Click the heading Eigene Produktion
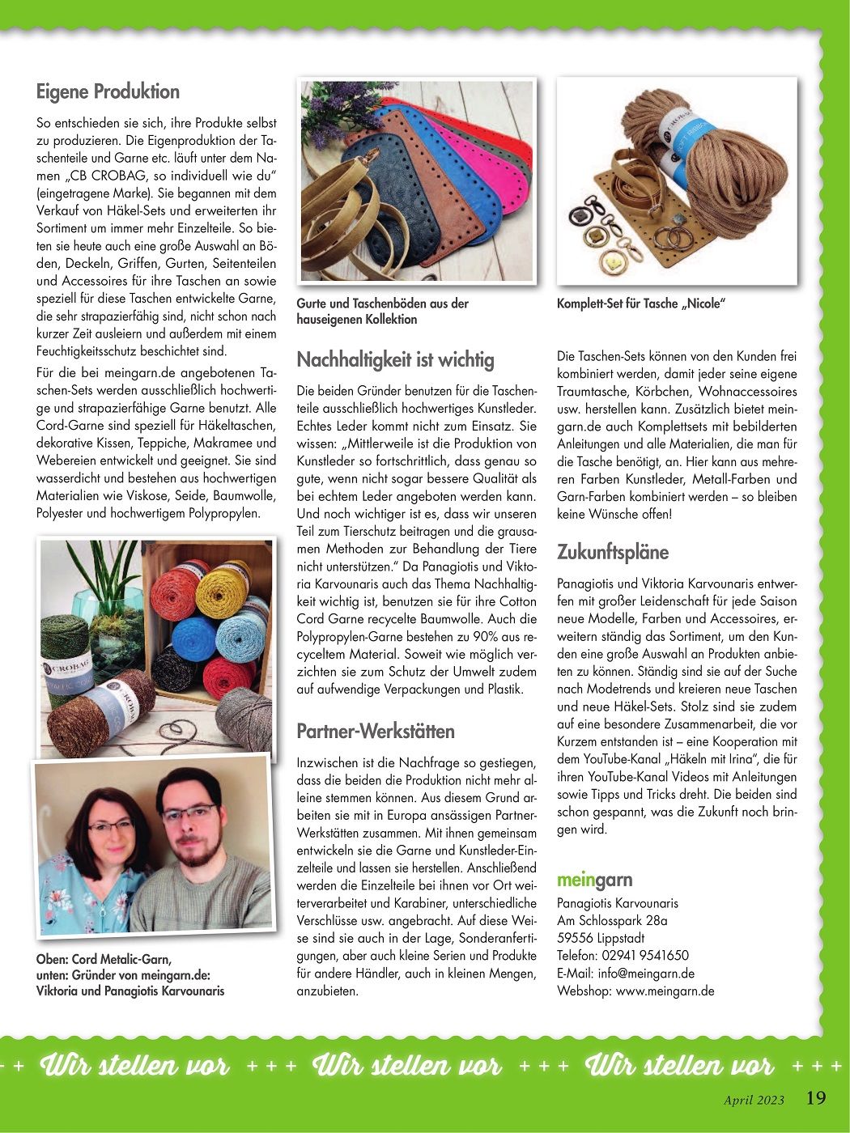108,91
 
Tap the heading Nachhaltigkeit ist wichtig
395,359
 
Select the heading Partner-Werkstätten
376,732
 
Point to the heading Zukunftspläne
613,553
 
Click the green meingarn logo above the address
594,881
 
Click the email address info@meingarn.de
646,974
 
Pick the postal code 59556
575,938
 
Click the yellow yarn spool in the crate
223,591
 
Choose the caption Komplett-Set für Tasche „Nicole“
640,303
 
